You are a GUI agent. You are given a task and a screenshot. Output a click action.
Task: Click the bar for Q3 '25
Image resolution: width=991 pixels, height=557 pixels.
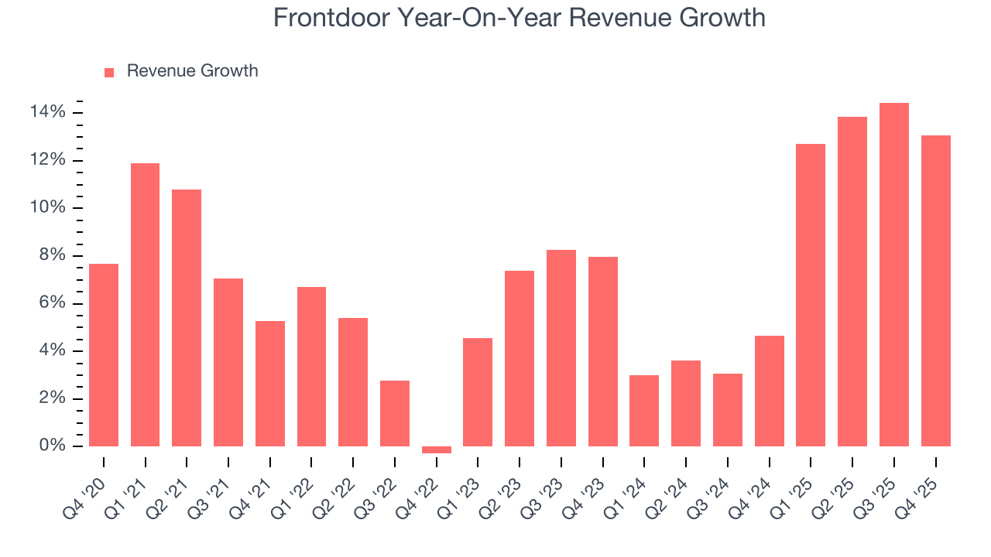pyautogui.click(x=894, y=275)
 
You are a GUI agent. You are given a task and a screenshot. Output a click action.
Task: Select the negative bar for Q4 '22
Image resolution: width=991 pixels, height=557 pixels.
pyautogui.click(x=437, y=449)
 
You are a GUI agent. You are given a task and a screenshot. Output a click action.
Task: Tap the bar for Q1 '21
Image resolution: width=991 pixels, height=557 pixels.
pyautogui.click(x=145, y=305)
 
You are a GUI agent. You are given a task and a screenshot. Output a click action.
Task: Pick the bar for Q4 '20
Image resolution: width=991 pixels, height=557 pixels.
pyautogui.click(x=104, y=355)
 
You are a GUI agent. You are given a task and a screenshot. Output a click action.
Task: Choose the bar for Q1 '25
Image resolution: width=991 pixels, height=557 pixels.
pyautogui.click(x=811, y=295)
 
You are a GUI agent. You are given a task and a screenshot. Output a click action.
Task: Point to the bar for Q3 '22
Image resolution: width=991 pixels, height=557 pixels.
pyautogui.click(x=395, y=413)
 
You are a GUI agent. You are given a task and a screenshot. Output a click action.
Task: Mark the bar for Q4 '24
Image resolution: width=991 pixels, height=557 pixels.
pyautogui.click(x=770, y=391)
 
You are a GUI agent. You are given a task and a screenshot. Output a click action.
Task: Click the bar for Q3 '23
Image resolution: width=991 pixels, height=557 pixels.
pyautogui.click(x=561, y=348)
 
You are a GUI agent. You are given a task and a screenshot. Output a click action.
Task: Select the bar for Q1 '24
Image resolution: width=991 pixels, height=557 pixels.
pyautogui.click(x=644, y=411)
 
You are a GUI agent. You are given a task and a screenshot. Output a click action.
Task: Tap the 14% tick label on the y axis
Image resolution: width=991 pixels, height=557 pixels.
pyautogui.click(x=48, y=113)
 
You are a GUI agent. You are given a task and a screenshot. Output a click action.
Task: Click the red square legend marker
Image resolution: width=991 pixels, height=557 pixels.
pyautogui.click(x=109, y=72)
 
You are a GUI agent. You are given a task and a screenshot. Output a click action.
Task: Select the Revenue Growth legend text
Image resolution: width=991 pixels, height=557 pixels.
pyautogui.click(x=192, y=71)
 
